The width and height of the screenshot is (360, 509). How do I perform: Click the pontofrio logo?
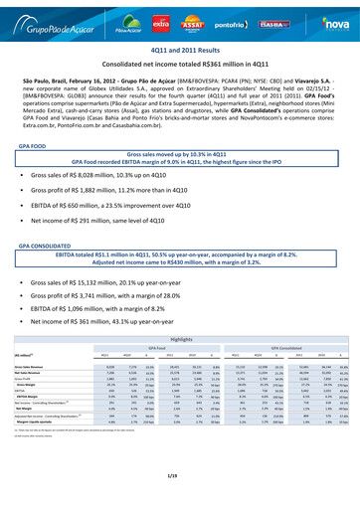230,19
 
